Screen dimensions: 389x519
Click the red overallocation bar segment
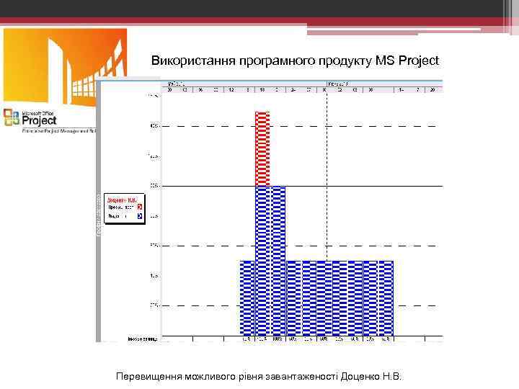[262, 148]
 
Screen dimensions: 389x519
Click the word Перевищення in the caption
[148, 377]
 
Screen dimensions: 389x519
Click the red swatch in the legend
[139, 206]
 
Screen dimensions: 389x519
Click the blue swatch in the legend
[139, 215]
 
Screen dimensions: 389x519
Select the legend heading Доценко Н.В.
[122, 198]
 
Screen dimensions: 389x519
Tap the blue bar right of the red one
[278, 259]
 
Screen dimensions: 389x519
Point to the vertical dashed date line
[327, 216]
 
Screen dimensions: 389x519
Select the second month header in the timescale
[339, 83]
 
